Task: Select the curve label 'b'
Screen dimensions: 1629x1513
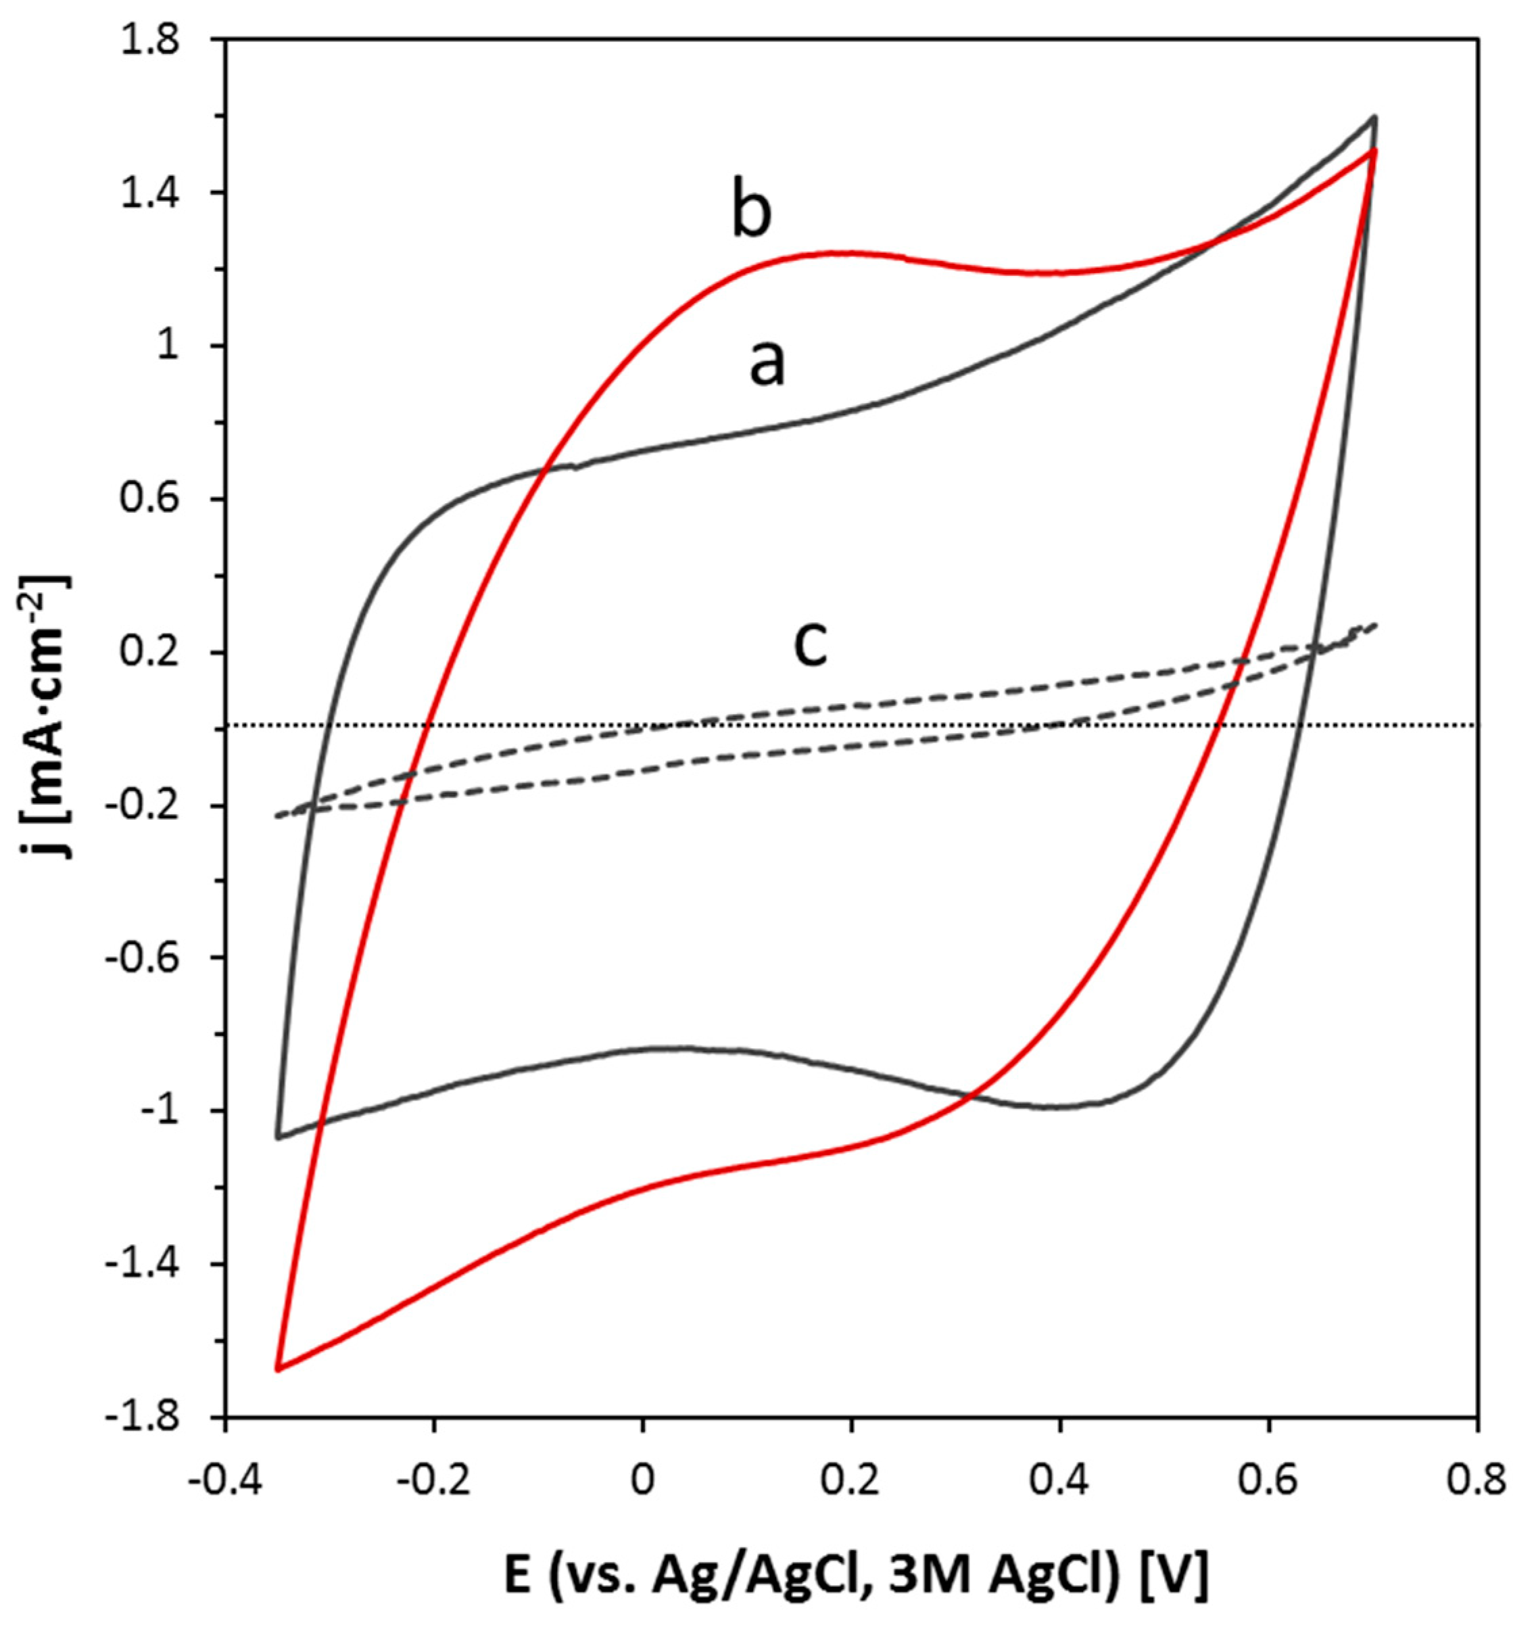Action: [751, 214]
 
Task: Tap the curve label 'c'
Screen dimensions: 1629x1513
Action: [811, 644]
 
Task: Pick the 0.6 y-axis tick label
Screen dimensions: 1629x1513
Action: [163, 500]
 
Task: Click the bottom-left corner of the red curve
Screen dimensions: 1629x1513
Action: [279, 1369]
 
